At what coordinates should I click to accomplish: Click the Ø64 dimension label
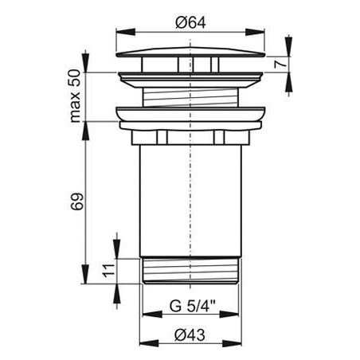click(190, 23)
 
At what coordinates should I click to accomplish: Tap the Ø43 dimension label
click(190, 335)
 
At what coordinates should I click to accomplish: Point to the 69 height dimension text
click(77, 202)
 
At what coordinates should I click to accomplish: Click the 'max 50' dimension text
click(75, 96)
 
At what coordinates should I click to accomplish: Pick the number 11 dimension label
click(109, 271)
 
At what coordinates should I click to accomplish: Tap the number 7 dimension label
click(280, 65)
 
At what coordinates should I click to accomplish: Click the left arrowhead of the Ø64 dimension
click(126, 33)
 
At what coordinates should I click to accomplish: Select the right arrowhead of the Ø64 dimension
click(255, 33)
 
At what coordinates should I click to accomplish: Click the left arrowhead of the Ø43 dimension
click(149, 343)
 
